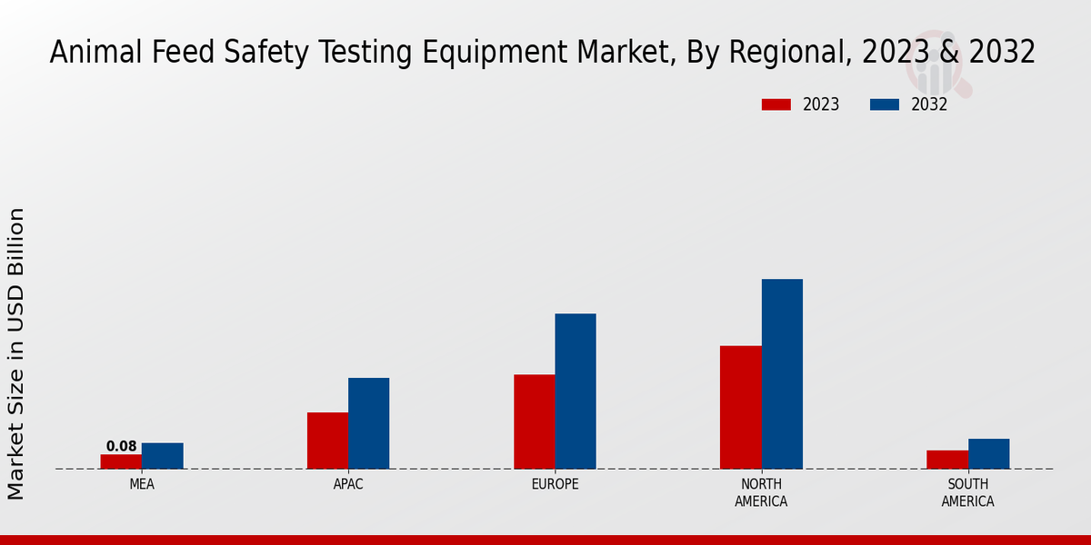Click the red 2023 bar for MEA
click(x=121, y=461)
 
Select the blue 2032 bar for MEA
click(x=163, y=456)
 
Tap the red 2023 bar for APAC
click(x=327, y=441)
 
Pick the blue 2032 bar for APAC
click(x=369, y=423)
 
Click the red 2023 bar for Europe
click(x=535, y=421)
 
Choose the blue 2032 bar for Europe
click(x=576, y=391)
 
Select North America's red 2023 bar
click(x=741, y=407)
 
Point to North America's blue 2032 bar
click(x=782, y=374)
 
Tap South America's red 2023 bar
click(x=947, y=460)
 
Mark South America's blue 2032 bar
click(x=988, y=454)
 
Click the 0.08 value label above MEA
click(x=121, y=446)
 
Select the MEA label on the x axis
click(x=142, y=484)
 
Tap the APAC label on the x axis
click(x=348, y=484)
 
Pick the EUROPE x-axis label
click(x=555, y=484)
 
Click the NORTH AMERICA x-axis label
click(x=761, y=492)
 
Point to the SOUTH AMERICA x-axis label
click(x=967, y=492)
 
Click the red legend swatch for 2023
click(x=776, y=104)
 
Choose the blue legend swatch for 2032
click(x=885, y=104)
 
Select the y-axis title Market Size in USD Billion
click(x=16, y=354)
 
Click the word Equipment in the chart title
click(x=499, y=53)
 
